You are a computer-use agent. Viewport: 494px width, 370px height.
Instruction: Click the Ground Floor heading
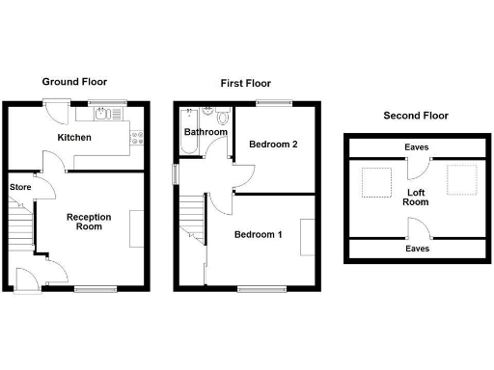point(74,83)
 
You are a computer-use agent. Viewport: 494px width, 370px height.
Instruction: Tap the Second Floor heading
point(416,116)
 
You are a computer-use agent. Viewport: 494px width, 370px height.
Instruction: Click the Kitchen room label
point(74,138)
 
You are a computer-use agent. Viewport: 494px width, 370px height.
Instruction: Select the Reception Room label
point(89,223)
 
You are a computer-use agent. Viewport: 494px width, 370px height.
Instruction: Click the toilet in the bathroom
point(224,119)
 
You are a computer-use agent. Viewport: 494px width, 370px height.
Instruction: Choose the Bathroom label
point(206,132)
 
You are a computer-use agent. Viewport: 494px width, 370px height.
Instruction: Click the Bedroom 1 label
point(259,234)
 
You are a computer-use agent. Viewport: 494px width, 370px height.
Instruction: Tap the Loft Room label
point(416,197)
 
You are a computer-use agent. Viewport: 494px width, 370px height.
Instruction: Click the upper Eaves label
point(417,147)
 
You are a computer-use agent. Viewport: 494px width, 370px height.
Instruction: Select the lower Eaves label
point(417,248)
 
